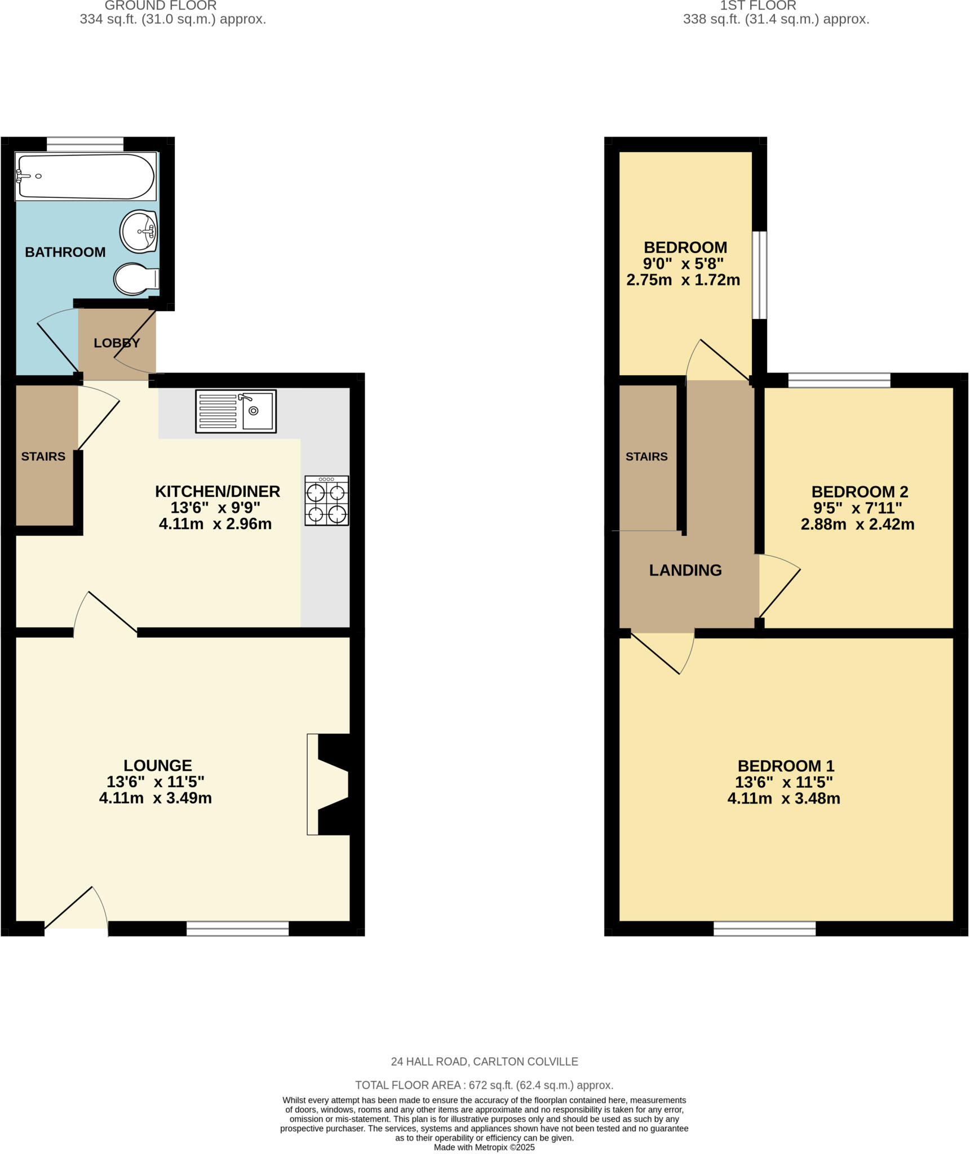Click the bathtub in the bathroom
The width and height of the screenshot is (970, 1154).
pos(85,176)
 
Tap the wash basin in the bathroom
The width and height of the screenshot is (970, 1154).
pos(138,231)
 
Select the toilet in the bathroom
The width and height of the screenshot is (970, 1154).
pos(136,278)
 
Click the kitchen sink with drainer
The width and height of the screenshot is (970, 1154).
pos(236,411)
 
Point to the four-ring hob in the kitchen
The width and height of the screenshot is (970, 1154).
pos(326,500)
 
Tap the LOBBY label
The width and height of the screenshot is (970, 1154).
pos(117,343)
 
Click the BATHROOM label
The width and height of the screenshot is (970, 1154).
pos(65,252)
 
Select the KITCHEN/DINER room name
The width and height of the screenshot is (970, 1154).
pos(218,491)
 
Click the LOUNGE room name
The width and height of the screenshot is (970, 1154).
pos(158,765)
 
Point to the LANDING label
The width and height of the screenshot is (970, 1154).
pos(685,570)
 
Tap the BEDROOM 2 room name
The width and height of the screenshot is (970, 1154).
pos(860,492)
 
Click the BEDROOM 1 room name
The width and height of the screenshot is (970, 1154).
pos(786,766)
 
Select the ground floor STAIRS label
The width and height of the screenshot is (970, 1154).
pos(43,456)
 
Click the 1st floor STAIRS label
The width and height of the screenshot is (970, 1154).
pos(646,456)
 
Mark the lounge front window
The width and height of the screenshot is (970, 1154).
pos(237,929)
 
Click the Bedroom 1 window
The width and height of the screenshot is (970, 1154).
pos(764,929)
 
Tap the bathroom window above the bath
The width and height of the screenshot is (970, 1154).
pos(85,144)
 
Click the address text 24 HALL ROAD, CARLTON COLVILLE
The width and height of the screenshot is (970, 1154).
pos(484,1062)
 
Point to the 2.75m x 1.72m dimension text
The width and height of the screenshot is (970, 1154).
pos(683,280)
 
